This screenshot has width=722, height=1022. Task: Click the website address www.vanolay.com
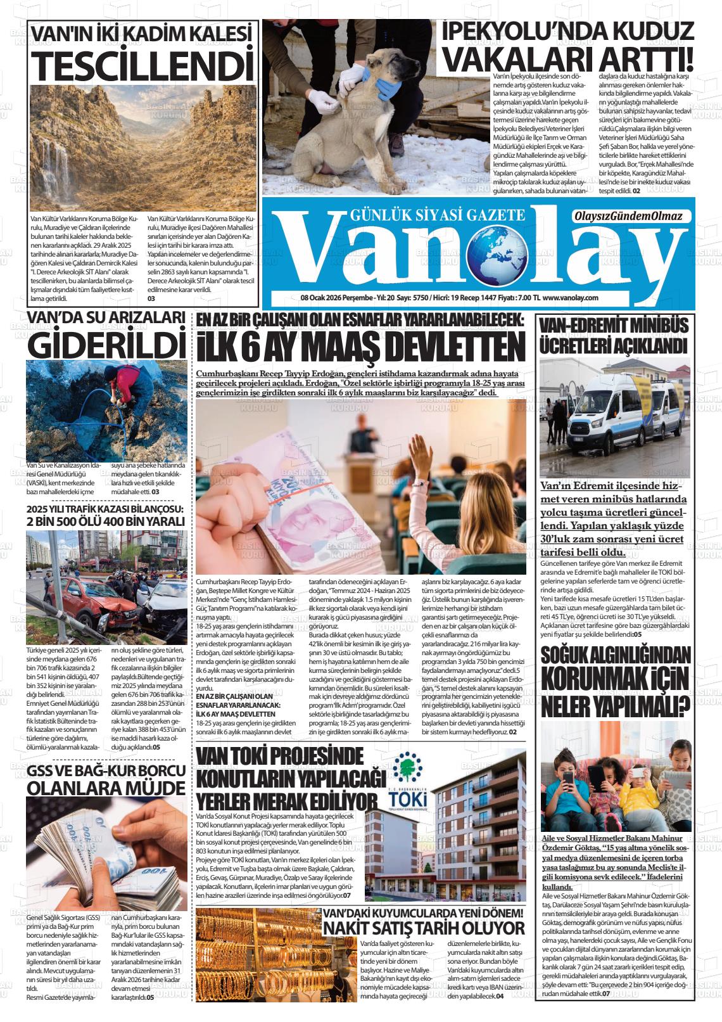click(x=571, y=298)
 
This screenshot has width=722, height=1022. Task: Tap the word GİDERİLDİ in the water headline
click(x=105, y=343)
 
